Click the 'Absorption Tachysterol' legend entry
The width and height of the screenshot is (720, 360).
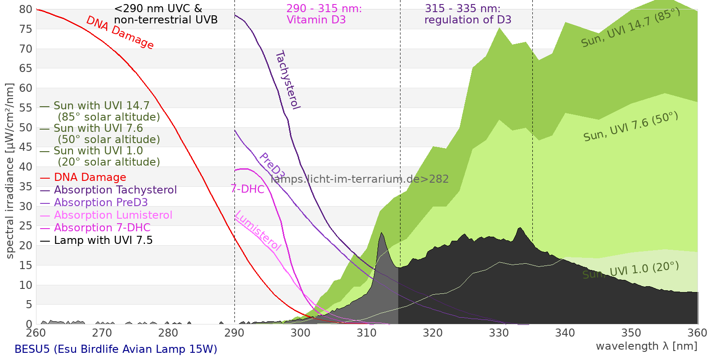pyautogui.click(x=108, y=190)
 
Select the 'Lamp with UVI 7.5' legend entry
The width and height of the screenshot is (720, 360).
pyautogui.click(x=96, y=240)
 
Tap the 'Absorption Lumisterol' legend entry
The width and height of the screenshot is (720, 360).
pyautogui.click(x=106, y=215)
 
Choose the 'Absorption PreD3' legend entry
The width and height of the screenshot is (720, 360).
pyautogui.click(x=94, y=202)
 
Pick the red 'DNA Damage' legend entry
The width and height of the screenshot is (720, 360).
pyautogui.click(x=83, y=177)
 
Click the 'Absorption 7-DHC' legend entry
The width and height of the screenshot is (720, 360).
pyautogui.click(x=95, y=228)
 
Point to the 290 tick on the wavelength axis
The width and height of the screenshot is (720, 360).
pyautogui.click(x=234, y=333)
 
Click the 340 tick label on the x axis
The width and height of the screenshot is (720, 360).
pyautogui.click(x=565, y=333)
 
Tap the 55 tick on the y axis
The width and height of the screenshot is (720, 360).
pyautogui.click(x=26, y=108)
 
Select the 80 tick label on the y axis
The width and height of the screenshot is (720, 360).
pyautogui.click(x=26, y=9)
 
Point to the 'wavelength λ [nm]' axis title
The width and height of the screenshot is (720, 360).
pyautogui.click(x=647, y=346)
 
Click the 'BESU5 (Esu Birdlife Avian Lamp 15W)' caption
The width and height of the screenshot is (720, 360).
pyautogui.click(x=116, y=349)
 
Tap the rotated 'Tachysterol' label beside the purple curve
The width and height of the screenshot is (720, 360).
pyautogui.click(x=288, y=80)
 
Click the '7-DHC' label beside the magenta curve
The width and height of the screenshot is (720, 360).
pyautogui.click(x=247, y=189)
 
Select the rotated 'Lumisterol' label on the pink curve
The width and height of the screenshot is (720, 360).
pyautogui.click(x=258, y=230)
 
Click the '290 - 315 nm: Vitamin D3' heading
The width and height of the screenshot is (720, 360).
pyautogui.click(x=324, y=14)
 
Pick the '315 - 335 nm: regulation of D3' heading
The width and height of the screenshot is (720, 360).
pyautogui.click(x=468, y=14)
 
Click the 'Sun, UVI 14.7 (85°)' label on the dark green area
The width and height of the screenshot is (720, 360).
pyautogui.click(x=630, y=27)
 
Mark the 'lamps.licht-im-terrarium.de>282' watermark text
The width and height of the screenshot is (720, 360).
pyautogui.click(x=360, y=179)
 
